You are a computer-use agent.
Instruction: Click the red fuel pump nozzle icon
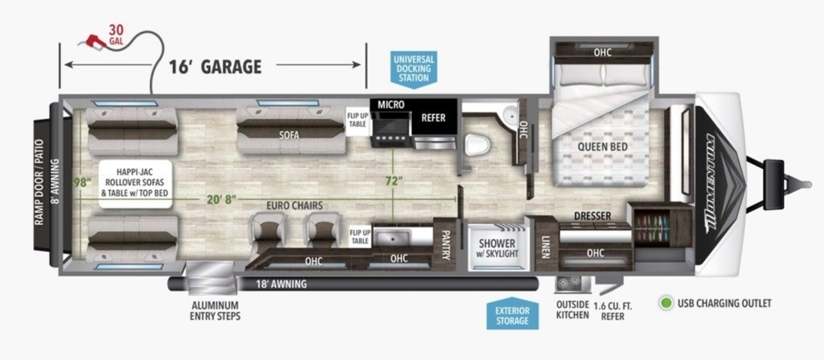click(x=92, y=41)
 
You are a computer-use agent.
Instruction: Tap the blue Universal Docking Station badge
click(x=414, y=69)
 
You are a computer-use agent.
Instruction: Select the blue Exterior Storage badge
click(x=512, y=314)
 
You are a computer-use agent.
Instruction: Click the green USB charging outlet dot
click(x=666, y=303)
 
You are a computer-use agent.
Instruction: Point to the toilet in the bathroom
click(x=477, y=144)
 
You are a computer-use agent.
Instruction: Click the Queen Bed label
click(x=602, y=147)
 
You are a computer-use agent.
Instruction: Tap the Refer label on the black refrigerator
click(x=433, y=117)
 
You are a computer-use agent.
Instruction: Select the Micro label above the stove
click(x=391, y=105)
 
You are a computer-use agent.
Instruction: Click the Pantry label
click(x=445, y=245)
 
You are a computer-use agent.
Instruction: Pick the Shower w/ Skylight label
click(x=499, y=248)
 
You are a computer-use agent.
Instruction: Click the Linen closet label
click(x=545, y=247)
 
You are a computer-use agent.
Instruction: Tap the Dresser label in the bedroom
click(x=592, y=216)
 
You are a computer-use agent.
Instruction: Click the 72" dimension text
click(x=394, y=181)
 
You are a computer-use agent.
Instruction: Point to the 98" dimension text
click(x=82, y=183)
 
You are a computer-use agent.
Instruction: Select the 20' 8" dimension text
click(x=221, y=199)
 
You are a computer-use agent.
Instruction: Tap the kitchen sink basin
click(x=393, y=238)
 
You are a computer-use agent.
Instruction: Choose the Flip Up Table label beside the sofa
click(x=357, y=120)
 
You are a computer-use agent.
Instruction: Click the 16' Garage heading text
click(x=215, y=67)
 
